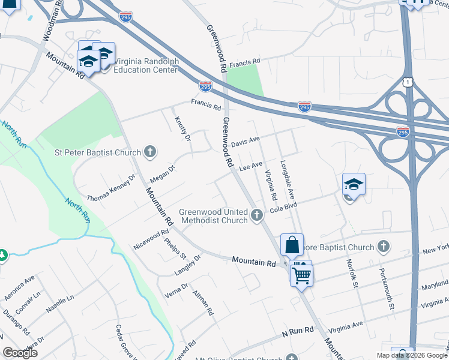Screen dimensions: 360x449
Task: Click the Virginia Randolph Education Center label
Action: coord(146,65)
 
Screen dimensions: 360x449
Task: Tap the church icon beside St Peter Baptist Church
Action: coord(150,152)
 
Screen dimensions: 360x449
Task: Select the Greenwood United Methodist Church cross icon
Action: coord(258,215)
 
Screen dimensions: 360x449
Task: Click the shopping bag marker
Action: coord(292,246)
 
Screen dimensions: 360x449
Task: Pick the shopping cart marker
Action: coord(301,274)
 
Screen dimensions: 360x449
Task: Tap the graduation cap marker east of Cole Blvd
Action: coord(354,185)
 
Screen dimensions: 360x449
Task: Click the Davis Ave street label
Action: coord(246,142)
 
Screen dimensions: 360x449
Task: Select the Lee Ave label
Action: coord(251,166)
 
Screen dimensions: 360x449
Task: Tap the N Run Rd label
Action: coord(298,331)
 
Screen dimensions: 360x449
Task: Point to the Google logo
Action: coord(20,353)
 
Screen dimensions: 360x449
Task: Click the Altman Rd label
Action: coord(203,303)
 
